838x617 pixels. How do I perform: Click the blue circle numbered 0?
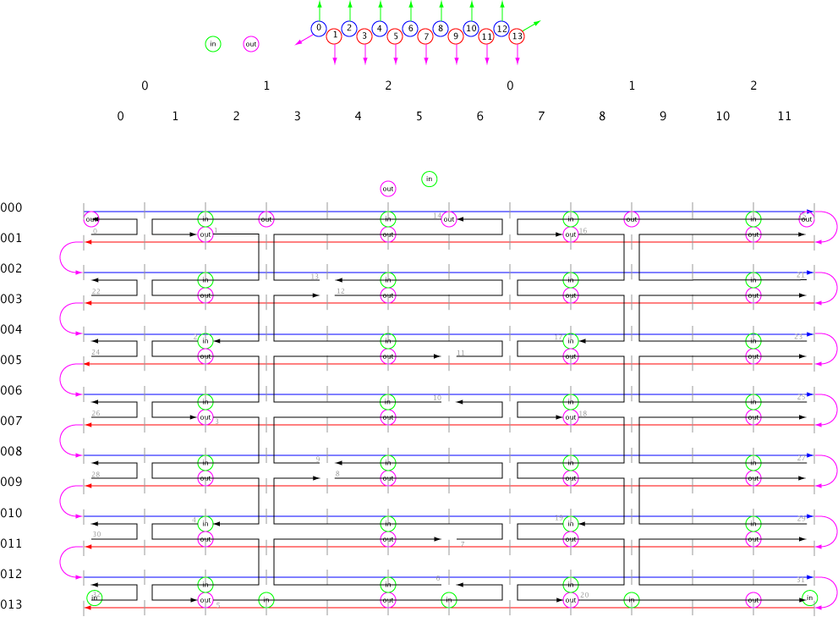coord(319,29)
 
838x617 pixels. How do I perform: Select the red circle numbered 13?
coord(517,36)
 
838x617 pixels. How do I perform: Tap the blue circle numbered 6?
coord(410,29)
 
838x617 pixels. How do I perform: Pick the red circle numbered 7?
coord(425,36)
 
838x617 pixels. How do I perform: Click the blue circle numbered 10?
coord(471,29)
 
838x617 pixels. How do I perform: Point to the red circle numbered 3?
coord(364,36)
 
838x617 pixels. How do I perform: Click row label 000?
coord(12,208)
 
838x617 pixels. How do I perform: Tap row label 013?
coord(12,604)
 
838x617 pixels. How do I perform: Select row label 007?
coord(12,421)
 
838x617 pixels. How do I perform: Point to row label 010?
coord(12,513)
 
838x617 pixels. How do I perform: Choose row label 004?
coord(12,330)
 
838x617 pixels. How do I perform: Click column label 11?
coord(784,116)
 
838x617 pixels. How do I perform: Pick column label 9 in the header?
coord(663,116)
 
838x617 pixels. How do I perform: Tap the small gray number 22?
coord(96,292)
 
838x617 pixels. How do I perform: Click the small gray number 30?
coord(96,535)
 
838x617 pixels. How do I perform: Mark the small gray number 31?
coord(801,580)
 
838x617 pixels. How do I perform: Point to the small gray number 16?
coord(583,231)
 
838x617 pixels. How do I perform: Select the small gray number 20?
coord(583,595)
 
